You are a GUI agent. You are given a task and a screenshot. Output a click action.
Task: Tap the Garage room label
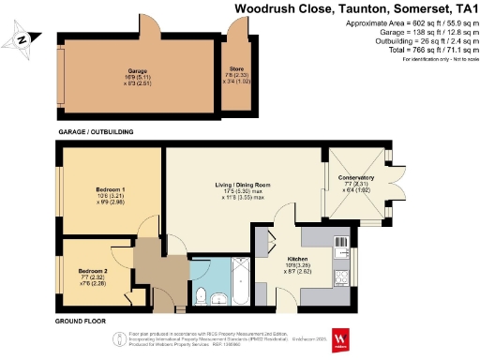click(139, 71)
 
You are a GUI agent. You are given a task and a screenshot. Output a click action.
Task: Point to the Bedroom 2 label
click(93, 270)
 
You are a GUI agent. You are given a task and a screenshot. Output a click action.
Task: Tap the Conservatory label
click(355, 177)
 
